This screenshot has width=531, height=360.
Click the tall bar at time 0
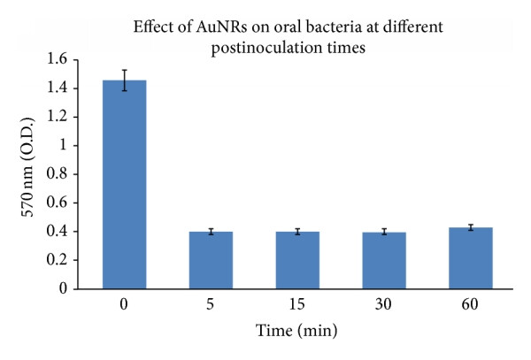124,184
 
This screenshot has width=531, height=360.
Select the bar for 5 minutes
211,260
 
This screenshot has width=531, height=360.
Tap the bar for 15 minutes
297,260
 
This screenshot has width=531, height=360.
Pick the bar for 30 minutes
384,261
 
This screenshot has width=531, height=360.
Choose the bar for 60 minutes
471,258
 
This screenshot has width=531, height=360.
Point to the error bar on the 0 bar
125,80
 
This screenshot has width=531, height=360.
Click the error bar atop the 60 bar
471,227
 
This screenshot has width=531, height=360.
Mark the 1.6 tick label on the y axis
57,59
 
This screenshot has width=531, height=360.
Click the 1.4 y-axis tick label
57,88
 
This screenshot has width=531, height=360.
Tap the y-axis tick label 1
64,145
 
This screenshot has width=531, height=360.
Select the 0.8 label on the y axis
57,174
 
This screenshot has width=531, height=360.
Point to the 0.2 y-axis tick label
57,260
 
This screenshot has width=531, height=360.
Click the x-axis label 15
297,304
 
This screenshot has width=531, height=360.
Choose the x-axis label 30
383,304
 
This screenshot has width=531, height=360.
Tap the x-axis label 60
470,304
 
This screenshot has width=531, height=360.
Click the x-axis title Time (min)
296,331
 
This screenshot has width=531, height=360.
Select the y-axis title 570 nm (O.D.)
27,167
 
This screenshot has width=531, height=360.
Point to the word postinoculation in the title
267,48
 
